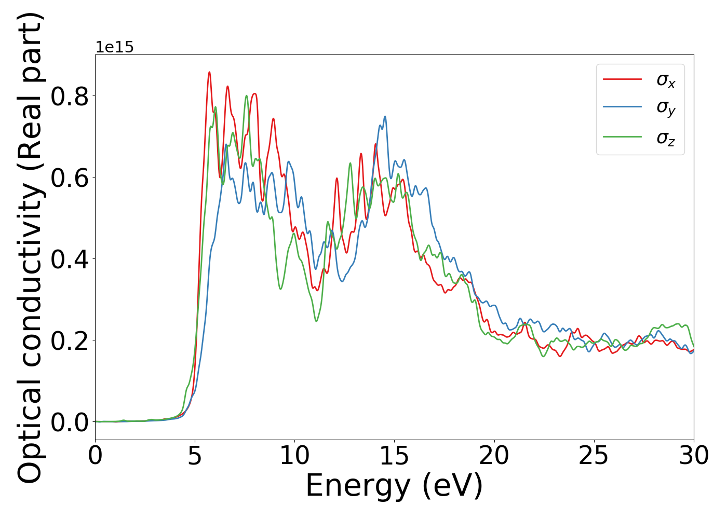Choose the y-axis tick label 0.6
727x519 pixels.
(x=70, y=177)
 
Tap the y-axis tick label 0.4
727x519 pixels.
(x=70, y=259)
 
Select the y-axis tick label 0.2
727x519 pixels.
(x=70, y=340)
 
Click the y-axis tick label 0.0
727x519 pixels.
(x=70, y=422)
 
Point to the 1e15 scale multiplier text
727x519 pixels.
(x=114, y=48)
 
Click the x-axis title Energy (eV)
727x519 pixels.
(x=394, y=486)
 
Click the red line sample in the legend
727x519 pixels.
(x=622, y=79)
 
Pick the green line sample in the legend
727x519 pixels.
(x=622, y=137)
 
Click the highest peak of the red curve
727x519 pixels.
(x=209, y=72)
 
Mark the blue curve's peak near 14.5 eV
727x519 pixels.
(x=385, y=116)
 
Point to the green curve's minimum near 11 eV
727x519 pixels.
(x=316, y=321)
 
